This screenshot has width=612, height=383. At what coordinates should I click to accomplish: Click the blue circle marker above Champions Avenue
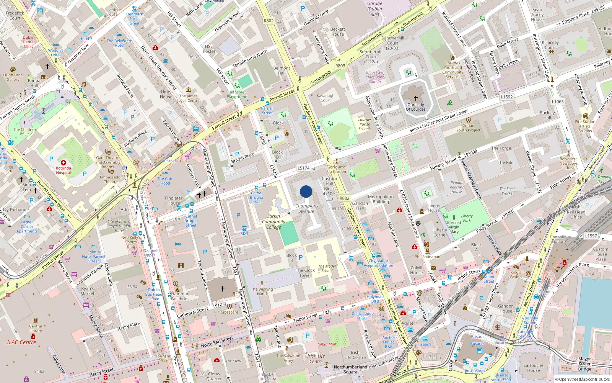tap(306, 191)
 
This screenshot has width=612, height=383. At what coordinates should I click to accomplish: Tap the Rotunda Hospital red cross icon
tap(63, 163)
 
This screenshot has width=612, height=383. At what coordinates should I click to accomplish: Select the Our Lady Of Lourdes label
tap(415, 107)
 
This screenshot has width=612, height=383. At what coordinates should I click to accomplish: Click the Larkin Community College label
tap(273, 222)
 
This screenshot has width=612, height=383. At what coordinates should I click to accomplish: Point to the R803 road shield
tap(340, 65)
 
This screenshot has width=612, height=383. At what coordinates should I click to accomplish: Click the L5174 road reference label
tap(303, 168)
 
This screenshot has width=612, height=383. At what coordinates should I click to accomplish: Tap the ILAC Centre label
tap(21, 342)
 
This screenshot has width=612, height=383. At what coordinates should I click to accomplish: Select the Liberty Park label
tap(467, 218)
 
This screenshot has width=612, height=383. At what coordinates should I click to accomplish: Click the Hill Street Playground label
tap(237, 94)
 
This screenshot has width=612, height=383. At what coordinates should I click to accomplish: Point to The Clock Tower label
tap(305, 273)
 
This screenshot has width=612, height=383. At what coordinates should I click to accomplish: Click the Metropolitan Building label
tap(381, 199)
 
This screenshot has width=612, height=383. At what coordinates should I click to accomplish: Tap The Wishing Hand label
tap(262, 291)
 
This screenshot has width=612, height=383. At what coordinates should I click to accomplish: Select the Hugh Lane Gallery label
tap(13, 77)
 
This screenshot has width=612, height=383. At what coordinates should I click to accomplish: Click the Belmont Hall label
tap(282, 70)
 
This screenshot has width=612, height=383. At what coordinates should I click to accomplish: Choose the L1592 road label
tap(506, 97)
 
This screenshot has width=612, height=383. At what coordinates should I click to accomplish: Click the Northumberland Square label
tap(350, 369)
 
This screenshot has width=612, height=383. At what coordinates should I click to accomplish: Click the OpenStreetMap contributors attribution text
tap(584, 379)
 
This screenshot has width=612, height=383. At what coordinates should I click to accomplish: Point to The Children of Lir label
tap(24, 132)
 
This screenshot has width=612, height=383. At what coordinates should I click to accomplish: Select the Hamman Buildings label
tap(180, 296)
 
